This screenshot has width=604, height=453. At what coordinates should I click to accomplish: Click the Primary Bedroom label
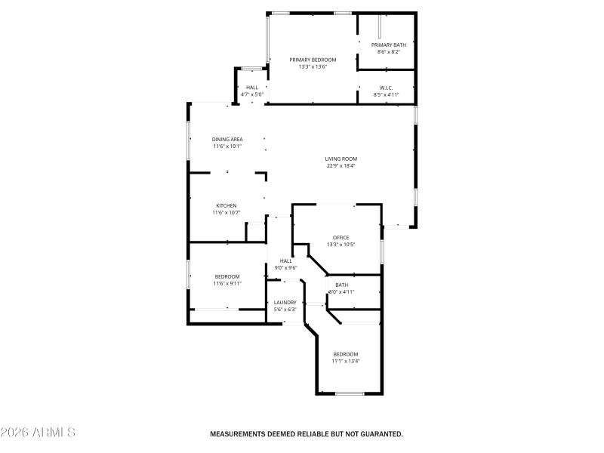(x=313, y=60)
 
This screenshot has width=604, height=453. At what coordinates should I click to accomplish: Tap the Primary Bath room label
(x=389, y=45)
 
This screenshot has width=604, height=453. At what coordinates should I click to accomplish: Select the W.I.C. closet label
(x=386, y=88)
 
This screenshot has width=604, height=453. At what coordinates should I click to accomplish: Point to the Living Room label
(x=341, y=159)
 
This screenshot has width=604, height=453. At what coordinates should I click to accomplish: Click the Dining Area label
(x=227, y=139)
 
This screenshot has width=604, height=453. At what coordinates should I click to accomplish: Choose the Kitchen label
(x=226, y=205)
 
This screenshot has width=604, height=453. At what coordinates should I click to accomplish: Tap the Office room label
(x=341, y=237)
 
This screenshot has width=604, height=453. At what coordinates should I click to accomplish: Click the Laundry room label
(x=285, y=302)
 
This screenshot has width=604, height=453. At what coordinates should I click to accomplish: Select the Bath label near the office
(x=342, y=285)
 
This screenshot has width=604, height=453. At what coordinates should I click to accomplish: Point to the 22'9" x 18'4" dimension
(x=341, y=166)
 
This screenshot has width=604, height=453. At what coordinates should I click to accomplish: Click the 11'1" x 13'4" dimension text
(x=346, y=361)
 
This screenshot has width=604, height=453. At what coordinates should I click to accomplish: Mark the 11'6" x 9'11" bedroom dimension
(x=227, y=283)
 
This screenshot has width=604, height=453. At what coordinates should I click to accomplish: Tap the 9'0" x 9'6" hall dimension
(x=285, y=267)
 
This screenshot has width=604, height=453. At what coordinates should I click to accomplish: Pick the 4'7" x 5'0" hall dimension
(x=252, y=94)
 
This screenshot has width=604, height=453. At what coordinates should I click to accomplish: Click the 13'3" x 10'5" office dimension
(x=341, y=245)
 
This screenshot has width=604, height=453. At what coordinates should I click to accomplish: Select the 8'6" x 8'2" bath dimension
(x=389, y=52)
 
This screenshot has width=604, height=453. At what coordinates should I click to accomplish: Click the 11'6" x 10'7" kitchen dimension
(x=226, y=213)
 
